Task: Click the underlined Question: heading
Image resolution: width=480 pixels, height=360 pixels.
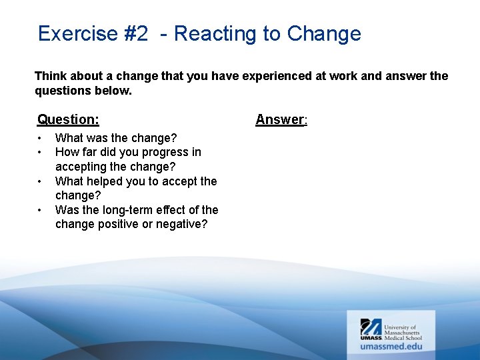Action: tap(68, 119)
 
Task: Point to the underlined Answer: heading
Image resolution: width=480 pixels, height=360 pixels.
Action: tap(281, 119)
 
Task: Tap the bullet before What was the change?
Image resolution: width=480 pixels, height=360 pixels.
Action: tap(40, 138)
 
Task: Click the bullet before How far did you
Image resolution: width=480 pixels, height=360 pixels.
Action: tap(40, 153)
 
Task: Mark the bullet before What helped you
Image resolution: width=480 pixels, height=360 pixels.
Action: tap(40, 181)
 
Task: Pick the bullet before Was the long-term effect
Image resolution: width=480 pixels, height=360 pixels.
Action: tap(40, 210)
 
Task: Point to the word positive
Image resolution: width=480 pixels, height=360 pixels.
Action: tap(119, 224)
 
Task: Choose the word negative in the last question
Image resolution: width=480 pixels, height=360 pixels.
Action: tap(181, 224)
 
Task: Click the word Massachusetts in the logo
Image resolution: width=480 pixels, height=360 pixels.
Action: tap(403, 331)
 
